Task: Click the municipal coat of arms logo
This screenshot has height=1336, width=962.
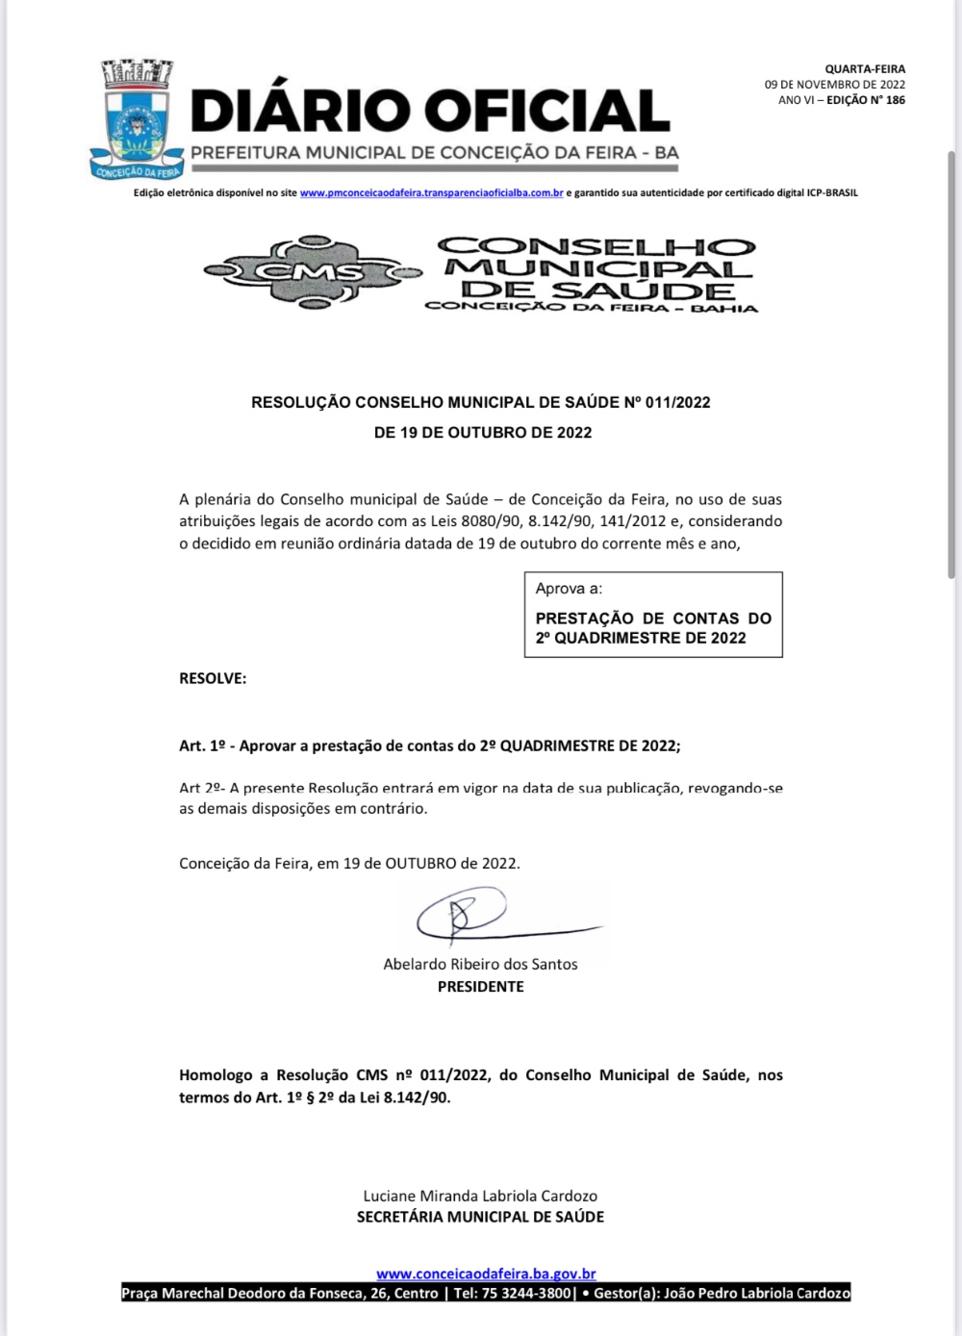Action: coord(136,120)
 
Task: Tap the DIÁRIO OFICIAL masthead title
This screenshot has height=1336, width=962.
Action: coord(430,111)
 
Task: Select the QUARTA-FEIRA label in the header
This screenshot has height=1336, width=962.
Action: coord(865,69)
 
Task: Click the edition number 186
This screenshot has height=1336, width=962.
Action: coord(895,100)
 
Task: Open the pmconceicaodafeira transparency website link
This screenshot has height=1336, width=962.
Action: coord(431,193)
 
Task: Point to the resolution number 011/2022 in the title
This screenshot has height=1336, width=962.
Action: coord(677,403)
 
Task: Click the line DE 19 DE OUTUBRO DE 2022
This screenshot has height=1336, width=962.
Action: coord(483,433)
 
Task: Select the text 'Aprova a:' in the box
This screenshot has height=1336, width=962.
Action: coord(569,589)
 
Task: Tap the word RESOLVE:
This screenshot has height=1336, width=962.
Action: coord(213,679)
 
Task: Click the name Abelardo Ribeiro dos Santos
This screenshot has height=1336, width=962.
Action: coord(480,964)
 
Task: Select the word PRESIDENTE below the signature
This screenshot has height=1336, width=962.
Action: coord(480,987)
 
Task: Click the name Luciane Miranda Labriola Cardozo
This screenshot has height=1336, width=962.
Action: coord(480,1197)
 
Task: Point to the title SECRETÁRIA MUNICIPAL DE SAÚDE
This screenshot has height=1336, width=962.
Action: coord(480,1218)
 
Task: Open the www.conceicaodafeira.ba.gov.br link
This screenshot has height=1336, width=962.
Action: coord(486,1274)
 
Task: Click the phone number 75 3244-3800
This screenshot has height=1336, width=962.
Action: coord(525,1294)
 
